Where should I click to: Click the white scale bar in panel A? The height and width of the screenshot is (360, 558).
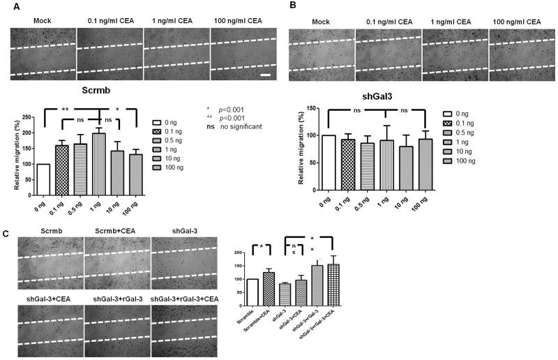click(x=266, y=73)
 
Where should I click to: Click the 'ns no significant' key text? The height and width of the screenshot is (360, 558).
click(x=232, y=126)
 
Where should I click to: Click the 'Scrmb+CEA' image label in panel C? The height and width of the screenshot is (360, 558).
click(x=116, y=231)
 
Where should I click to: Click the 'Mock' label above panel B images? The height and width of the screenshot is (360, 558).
click(x=321, y=22)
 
